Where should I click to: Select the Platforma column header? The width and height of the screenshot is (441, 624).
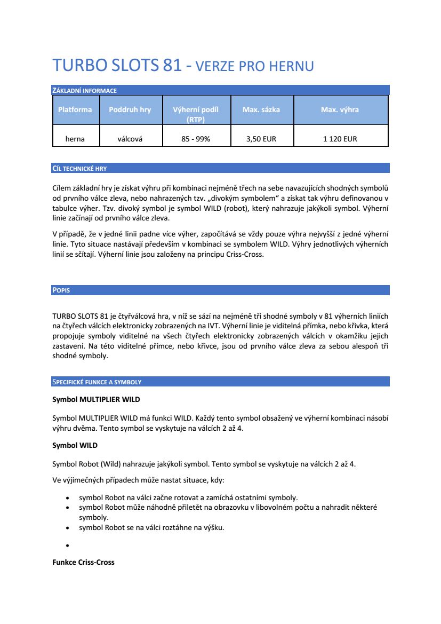[75, 109]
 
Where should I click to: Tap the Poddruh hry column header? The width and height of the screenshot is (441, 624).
[130, 109]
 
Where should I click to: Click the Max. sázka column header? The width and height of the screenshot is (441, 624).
[261, 109]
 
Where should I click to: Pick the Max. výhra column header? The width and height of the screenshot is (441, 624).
[340, 109]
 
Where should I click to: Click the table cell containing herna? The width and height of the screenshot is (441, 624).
[75, 139]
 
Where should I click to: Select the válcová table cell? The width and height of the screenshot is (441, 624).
[130, 139]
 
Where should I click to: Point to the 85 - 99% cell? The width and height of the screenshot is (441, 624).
[196, 139]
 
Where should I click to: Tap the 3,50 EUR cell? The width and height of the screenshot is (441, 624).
[261, 139]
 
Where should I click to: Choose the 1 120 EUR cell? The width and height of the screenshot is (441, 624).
[340, 139]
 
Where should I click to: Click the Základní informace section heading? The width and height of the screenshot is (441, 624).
[84, 91]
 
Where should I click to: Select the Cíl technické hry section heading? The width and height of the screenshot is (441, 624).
[79, 169]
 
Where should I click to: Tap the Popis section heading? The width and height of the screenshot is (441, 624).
[61, 290]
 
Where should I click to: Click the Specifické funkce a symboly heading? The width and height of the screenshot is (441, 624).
[97, 382]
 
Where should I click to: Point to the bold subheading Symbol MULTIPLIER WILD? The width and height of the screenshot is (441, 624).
[96, 399]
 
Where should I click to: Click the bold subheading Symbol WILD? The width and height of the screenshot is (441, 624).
[75, 445]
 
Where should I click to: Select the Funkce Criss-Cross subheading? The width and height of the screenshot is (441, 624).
[83, 562]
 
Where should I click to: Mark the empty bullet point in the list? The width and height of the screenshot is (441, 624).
[67, 546]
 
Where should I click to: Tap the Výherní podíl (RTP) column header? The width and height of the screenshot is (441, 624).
[196, 114]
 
